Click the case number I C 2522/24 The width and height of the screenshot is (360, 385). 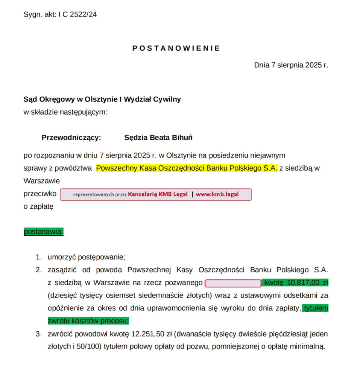[77, 15]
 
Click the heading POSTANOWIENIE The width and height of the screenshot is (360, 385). [176, 48]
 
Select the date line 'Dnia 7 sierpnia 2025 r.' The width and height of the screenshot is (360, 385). [291, 65]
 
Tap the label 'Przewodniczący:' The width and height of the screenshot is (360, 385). [71, 138]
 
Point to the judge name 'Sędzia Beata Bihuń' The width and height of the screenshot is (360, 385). [158, 138]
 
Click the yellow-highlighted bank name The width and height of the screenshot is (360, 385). [187, 168]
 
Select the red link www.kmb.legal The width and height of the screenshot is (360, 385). [217, 194]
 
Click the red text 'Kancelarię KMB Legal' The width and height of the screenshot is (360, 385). [158, 194]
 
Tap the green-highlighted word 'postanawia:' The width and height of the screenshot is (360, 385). [44, 232]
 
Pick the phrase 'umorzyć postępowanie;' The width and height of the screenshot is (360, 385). [86, 257]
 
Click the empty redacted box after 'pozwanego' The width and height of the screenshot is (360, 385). [233, 283]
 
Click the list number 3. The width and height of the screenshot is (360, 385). [38, 334]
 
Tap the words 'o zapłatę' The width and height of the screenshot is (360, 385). [38, 206]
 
